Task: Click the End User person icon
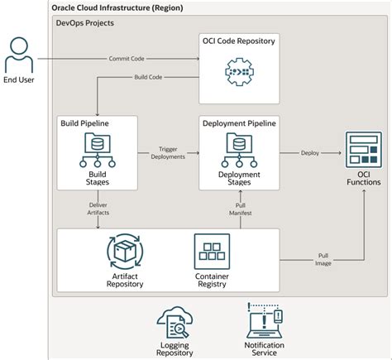19,55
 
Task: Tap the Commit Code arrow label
127,59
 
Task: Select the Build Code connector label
148,77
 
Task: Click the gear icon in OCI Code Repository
239,72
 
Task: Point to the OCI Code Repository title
239,41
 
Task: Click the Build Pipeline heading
84,123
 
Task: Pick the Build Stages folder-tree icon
98,150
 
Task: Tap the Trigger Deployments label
168,153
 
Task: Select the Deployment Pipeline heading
239,123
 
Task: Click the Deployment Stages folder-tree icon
239,150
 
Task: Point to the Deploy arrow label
310,153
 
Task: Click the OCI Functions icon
364,150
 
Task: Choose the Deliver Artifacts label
98,209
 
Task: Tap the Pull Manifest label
241,209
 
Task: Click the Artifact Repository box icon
125,252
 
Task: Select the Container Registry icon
212,252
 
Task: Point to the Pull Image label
323,260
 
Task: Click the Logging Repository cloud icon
174,322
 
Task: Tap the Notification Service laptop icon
265,320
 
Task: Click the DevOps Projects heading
85,23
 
